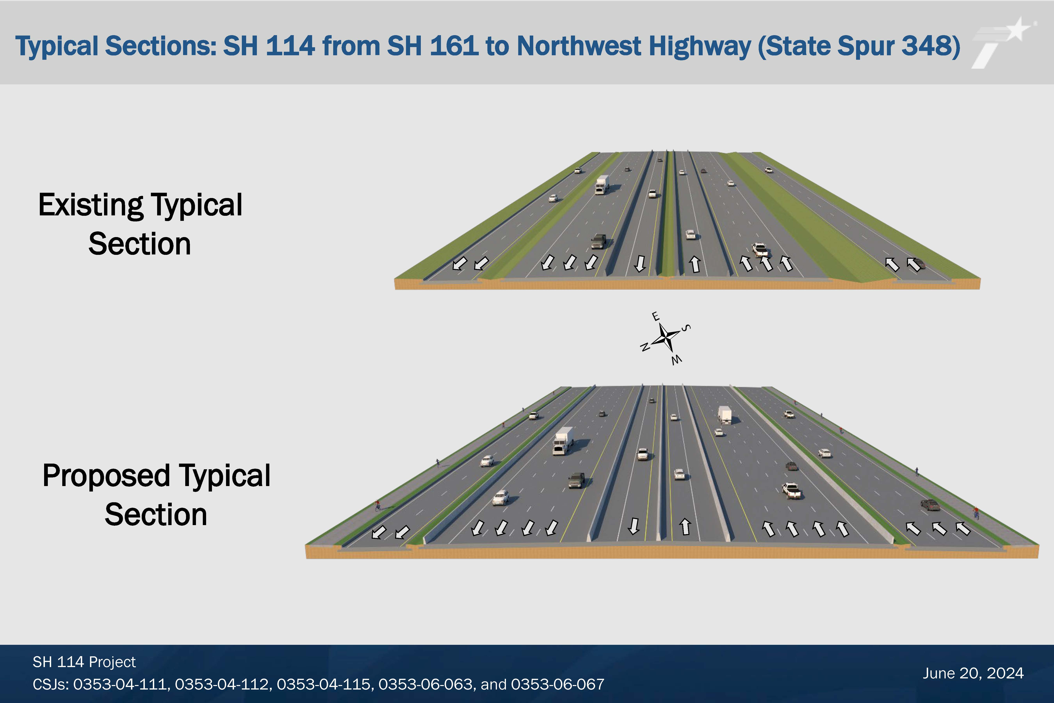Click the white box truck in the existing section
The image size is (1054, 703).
click(x=602, y=184)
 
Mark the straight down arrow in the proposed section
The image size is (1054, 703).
click(x=634, y=526)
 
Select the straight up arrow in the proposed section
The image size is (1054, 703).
click(x=685, y=526)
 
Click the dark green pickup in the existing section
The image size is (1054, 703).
click(x=598, y=241)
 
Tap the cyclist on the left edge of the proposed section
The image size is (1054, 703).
click(x=378, y=506)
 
